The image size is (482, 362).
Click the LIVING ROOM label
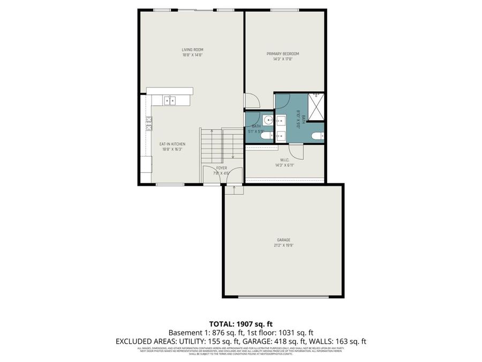[x=192, y=50]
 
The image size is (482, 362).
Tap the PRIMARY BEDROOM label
[x=283, y=54]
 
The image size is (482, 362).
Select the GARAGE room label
[x=284, y=240]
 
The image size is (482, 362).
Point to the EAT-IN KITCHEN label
[x=172, y=144]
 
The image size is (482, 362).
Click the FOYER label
[x=221, y=168]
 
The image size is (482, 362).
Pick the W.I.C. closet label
[x=285, y=160]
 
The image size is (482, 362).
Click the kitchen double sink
[x=170, y=100]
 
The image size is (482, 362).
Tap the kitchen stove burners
[x=148, y=124]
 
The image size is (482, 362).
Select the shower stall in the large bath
[x=317, y=106]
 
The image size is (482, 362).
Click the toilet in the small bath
[x=265, y=136]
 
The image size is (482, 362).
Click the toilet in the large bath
[x=317, y=135]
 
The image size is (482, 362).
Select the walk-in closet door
[x=297, y=151]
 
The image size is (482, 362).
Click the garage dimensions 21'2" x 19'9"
[x=284, y=245]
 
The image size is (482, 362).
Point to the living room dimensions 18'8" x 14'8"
[x=192, y=55]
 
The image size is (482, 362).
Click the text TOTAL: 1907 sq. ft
[x=241, y=324]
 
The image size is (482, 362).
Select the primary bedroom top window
[x=284, y=10]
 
